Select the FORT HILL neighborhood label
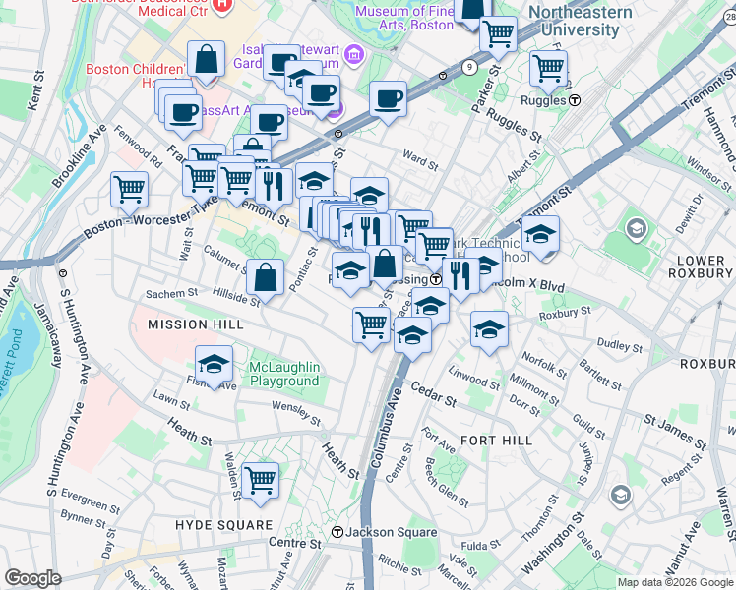point(496,440)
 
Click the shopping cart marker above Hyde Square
point(260,481)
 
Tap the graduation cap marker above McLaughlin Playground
point(214,365)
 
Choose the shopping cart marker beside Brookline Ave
point(130,190)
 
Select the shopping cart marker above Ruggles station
point(548,69)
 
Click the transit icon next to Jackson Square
point(337,533)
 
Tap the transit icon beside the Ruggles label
point(575,100)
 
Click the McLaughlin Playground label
point(284,375)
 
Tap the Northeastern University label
point(580,19)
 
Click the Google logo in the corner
point(34,578)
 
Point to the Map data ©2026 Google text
point(674,582)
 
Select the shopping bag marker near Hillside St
point(266,277)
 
